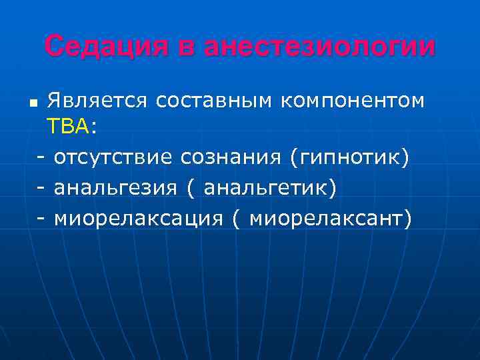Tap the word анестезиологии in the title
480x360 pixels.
[x=319, y=47]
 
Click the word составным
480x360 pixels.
[x=213, y=101]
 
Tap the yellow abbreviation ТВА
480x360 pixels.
[x=68, y=127]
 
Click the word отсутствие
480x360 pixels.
[x=116, y=157]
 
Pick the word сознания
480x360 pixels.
[x=233, y=157]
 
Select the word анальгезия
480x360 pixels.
[x=115, y=188]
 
